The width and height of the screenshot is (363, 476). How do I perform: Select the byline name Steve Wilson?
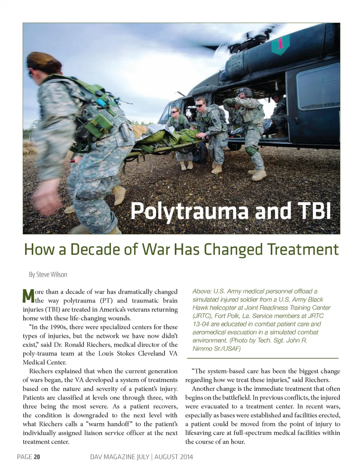[x=51, y=275]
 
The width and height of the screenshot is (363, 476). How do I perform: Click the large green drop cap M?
[x=28, y=296]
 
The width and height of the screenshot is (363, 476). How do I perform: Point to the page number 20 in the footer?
[x=37, y=457]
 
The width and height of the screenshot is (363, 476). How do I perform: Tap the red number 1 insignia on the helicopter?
[x=281, y=44]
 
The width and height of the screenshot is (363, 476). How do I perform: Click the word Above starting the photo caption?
[x=202, y=291]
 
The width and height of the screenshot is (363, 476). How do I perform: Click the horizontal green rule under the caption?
[x=262, y=358]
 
